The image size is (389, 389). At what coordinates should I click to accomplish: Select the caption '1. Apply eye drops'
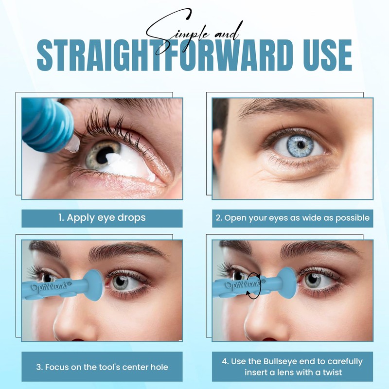(x=102, y=218)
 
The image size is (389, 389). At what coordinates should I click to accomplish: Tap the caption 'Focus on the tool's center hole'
(x=102, y=367)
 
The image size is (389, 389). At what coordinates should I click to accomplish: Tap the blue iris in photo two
(x=300, y=144)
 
